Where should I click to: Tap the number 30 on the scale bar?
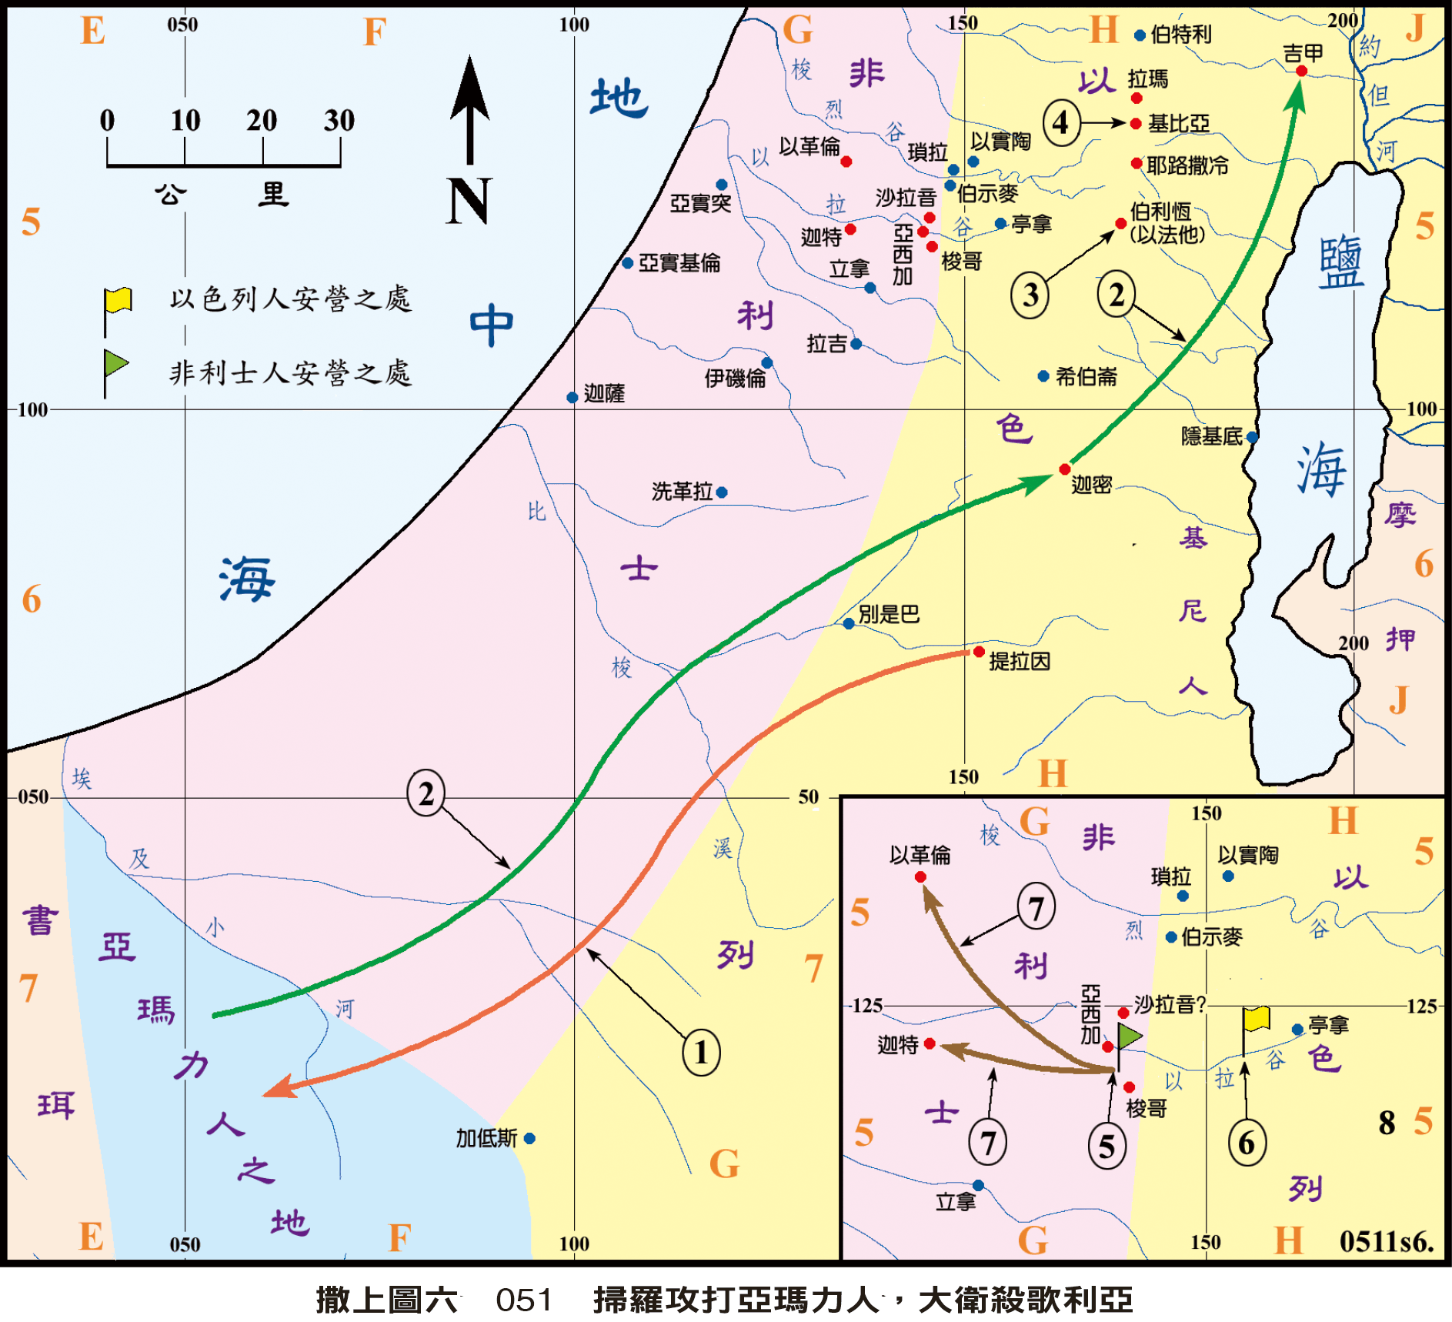tap(339, 121)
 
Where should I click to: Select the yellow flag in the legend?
tap(118, 301)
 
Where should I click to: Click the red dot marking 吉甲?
tap(1301, 72)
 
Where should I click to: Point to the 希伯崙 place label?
tap(1086, 377)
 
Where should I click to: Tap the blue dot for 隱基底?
tap(1252, 437)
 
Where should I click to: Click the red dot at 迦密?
tap(1065, 469)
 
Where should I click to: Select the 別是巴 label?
tap(889, 614)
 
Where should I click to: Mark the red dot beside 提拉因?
tap(979, 652)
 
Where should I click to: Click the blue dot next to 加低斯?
tap(529, 1138)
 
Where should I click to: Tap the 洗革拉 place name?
tap(682, 492)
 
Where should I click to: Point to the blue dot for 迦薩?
tap(572, 398)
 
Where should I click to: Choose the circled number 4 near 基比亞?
tap(1061, 122)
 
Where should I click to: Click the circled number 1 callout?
tap(701, 1053)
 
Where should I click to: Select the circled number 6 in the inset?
tap(1247, 1143)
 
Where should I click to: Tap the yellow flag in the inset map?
tap(1257, 1019)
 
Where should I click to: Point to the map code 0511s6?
tap(1386, 1240)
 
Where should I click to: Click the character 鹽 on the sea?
tap(1340, 263)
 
